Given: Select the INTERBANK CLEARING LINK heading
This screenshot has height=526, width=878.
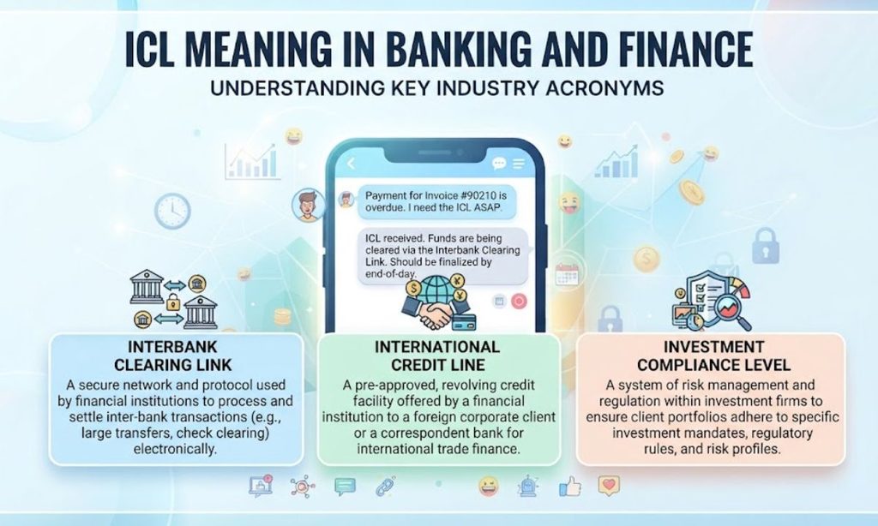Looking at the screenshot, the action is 172,356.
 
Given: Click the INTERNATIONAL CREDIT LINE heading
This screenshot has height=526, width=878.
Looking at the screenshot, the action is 437,356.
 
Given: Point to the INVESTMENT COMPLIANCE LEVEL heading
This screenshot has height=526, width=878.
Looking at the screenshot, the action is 713,356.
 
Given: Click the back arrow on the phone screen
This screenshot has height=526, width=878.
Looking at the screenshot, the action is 352,164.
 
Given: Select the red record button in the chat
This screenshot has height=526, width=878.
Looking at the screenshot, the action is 519,302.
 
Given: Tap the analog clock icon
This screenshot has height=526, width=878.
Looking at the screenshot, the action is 172,211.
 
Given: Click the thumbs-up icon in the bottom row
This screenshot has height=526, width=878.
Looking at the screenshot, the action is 569,487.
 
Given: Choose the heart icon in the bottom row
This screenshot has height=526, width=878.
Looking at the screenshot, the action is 610,486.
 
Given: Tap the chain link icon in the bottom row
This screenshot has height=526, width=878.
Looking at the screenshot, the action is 385,487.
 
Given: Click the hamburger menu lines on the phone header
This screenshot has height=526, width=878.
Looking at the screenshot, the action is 519,164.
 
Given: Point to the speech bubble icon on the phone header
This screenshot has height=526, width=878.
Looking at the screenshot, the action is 498,164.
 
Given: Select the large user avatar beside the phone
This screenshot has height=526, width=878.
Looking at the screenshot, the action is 308,205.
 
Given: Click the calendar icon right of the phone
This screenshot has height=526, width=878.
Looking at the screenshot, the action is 566,275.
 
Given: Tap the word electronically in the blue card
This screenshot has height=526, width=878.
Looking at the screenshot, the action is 175,449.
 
